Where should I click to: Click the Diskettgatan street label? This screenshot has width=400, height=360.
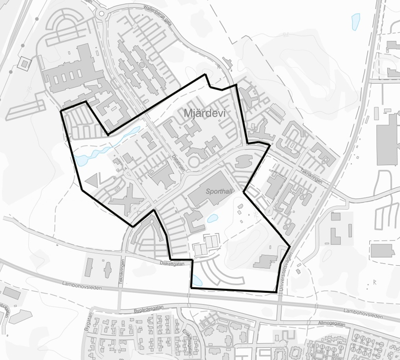click(x=172, y=264)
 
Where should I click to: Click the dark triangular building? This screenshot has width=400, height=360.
click(x=93, y=181)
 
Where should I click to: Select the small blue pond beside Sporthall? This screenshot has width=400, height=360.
click(x=211, y=218)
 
